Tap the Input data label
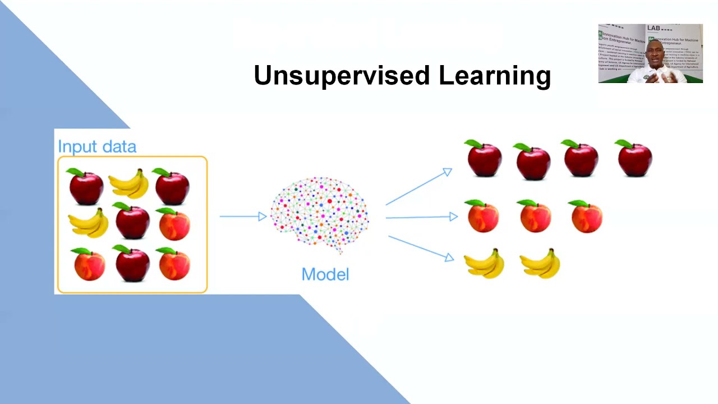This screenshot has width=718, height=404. tap(97, 147)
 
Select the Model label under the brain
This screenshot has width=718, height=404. tap(325, 274)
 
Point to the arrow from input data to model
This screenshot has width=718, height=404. tap(243, 216)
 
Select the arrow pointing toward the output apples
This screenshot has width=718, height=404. tap(418, 187)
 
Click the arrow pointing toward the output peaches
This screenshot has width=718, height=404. tap(421, 217)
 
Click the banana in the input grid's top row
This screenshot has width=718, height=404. tap(129, 185)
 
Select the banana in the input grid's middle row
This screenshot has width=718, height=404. tap(89, 223)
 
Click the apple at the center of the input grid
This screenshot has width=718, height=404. tap(132, 221)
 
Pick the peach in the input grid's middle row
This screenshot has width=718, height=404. tap(174, 224)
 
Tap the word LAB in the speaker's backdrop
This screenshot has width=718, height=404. tap(653, 28)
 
